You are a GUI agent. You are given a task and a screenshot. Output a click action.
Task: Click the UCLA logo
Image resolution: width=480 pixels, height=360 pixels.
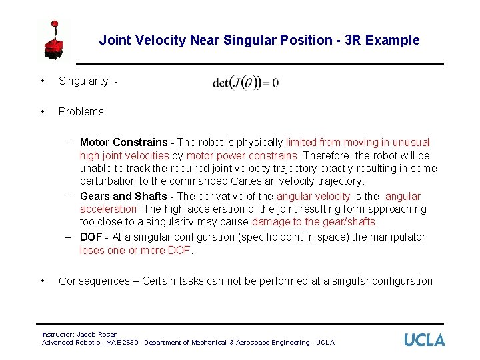[424, 340]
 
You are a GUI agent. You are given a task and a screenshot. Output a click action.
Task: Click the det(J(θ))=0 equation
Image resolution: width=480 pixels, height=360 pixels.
[245, 83]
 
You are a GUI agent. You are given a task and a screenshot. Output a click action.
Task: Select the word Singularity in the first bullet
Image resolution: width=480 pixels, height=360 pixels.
[83, 81]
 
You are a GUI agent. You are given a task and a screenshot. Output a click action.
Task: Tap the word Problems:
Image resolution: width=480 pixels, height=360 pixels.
[82, 111]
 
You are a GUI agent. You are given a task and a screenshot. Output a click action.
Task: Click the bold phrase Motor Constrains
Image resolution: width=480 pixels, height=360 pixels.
[123, 142]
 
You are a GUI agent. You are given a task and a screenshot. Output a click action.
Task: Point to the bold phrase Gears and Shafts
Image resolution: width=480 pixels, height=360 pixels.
[123, 196]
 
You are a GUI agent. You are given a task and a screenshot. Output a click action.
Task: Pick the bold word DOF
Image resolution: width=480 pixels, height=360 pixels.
[91, 237]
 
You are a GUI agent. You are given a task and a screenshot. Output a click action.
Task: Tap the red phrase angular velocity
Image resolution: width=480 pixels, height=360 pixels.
[313, 196]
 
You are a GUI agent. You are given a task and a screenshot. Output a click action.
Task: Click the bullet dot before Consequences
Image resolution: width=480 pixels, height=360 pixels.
[43, 281]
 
